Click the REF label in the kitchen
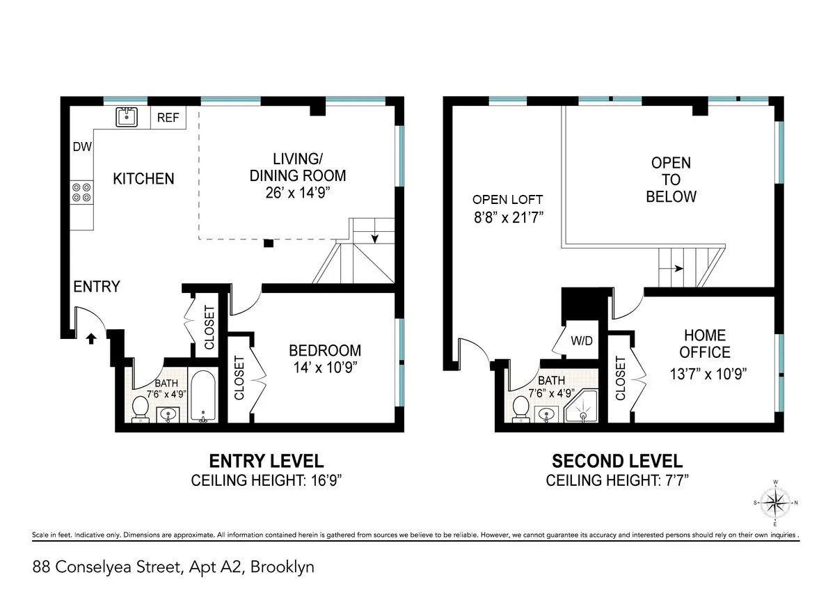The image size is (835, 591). tap(168, 118)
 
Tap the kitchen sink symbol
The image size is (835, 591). tap(127, 117)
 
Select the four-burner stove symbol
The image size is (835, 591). tap(81, 191)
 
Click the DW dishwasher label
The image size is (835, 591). tap(82, 147)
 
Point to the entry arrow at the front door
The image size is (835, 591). tap(90, 339)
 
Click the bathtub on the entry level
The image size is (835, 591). tap(203, 397)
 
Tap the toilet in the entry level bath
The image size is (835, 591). tap(139, 408)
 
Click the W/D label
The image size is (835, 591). tap(582, 342)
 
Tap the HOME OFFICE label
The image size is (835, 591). tap(706, 344)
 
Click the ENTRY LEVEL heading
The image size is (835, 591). tap(267, 461)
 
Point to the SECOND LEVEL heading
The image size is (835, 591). tap(617, 461)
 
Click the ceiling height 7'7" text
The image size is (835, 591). tap(617, 480)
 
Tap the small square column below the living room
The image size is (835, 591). tap(269, 244)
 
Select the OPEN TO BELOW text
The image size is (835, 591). tap(671, 180)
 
